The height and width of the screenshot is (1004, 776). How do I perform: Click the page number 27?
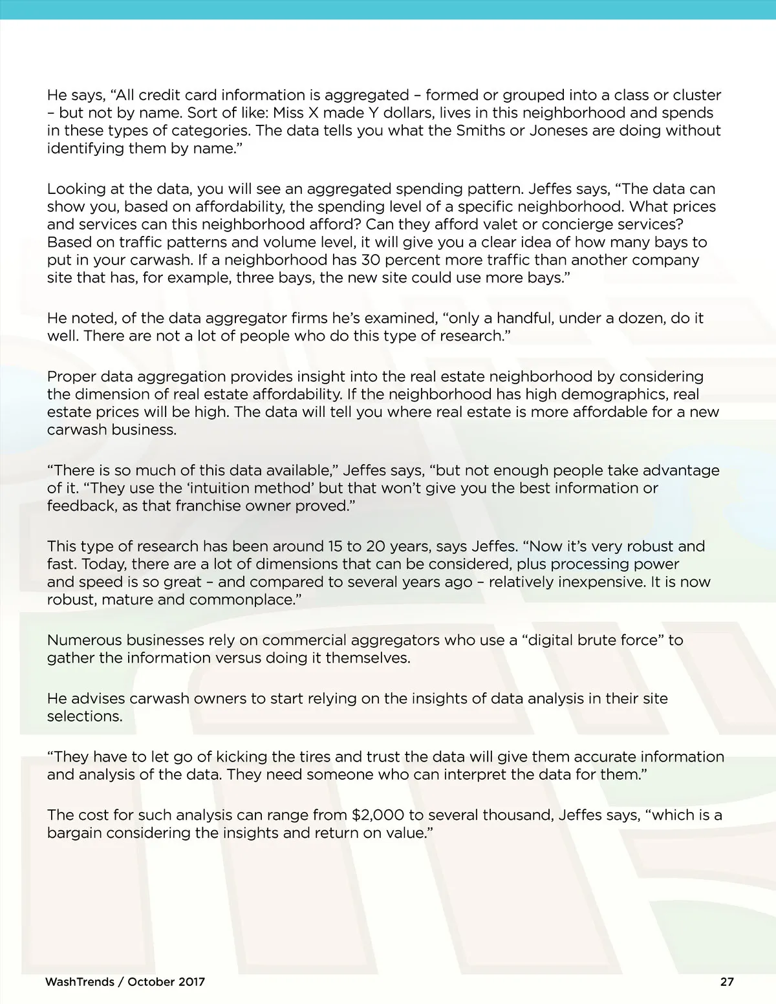(727, 981)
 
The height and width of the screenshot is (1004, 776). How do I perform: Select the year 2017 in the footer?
(191, 981)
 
